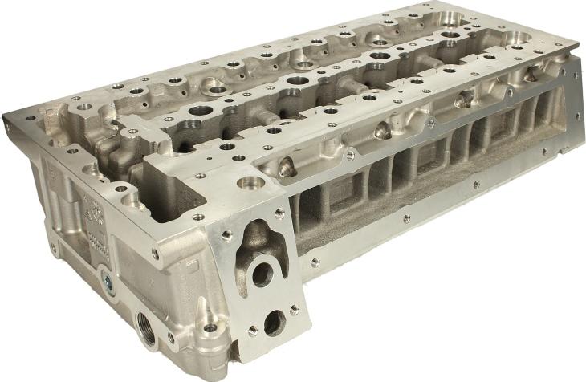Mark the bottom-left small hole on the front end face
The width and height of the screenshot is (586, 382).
(252, 331)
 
